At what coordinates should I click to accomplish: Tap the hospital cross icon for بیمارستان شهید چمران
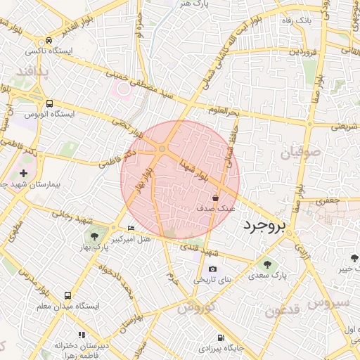click(x=24, y=172)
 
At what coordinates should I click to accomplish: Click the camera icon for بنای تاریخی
click(x=212, y=269)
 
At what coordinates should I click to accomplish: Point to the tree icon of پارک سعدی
click(x=266, y=264)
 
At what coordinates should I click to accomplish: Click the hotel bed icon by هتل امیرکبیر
click(x=131, y=229)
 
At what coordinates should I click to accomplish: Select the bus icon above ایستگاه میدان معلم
click(x=67, y=296)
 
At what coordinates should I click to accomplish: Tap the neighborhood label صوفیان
click(x=302, y=152)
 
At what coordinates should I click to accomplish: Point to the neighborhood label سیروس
click(x=334, y=302)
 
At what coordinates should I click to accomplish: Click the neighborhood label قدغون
click(x=283, y=309)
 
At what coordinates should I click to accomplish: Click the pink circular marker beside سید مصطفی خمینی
click(x=124, y=89)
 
